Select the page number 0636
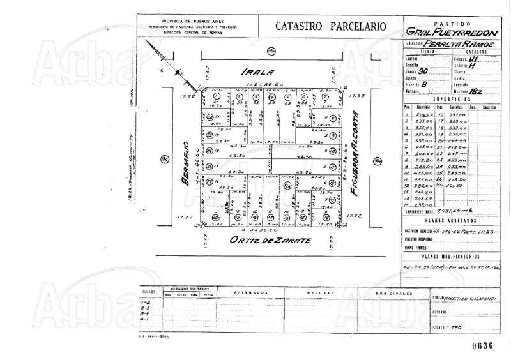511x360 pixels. tap(483, 345)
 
